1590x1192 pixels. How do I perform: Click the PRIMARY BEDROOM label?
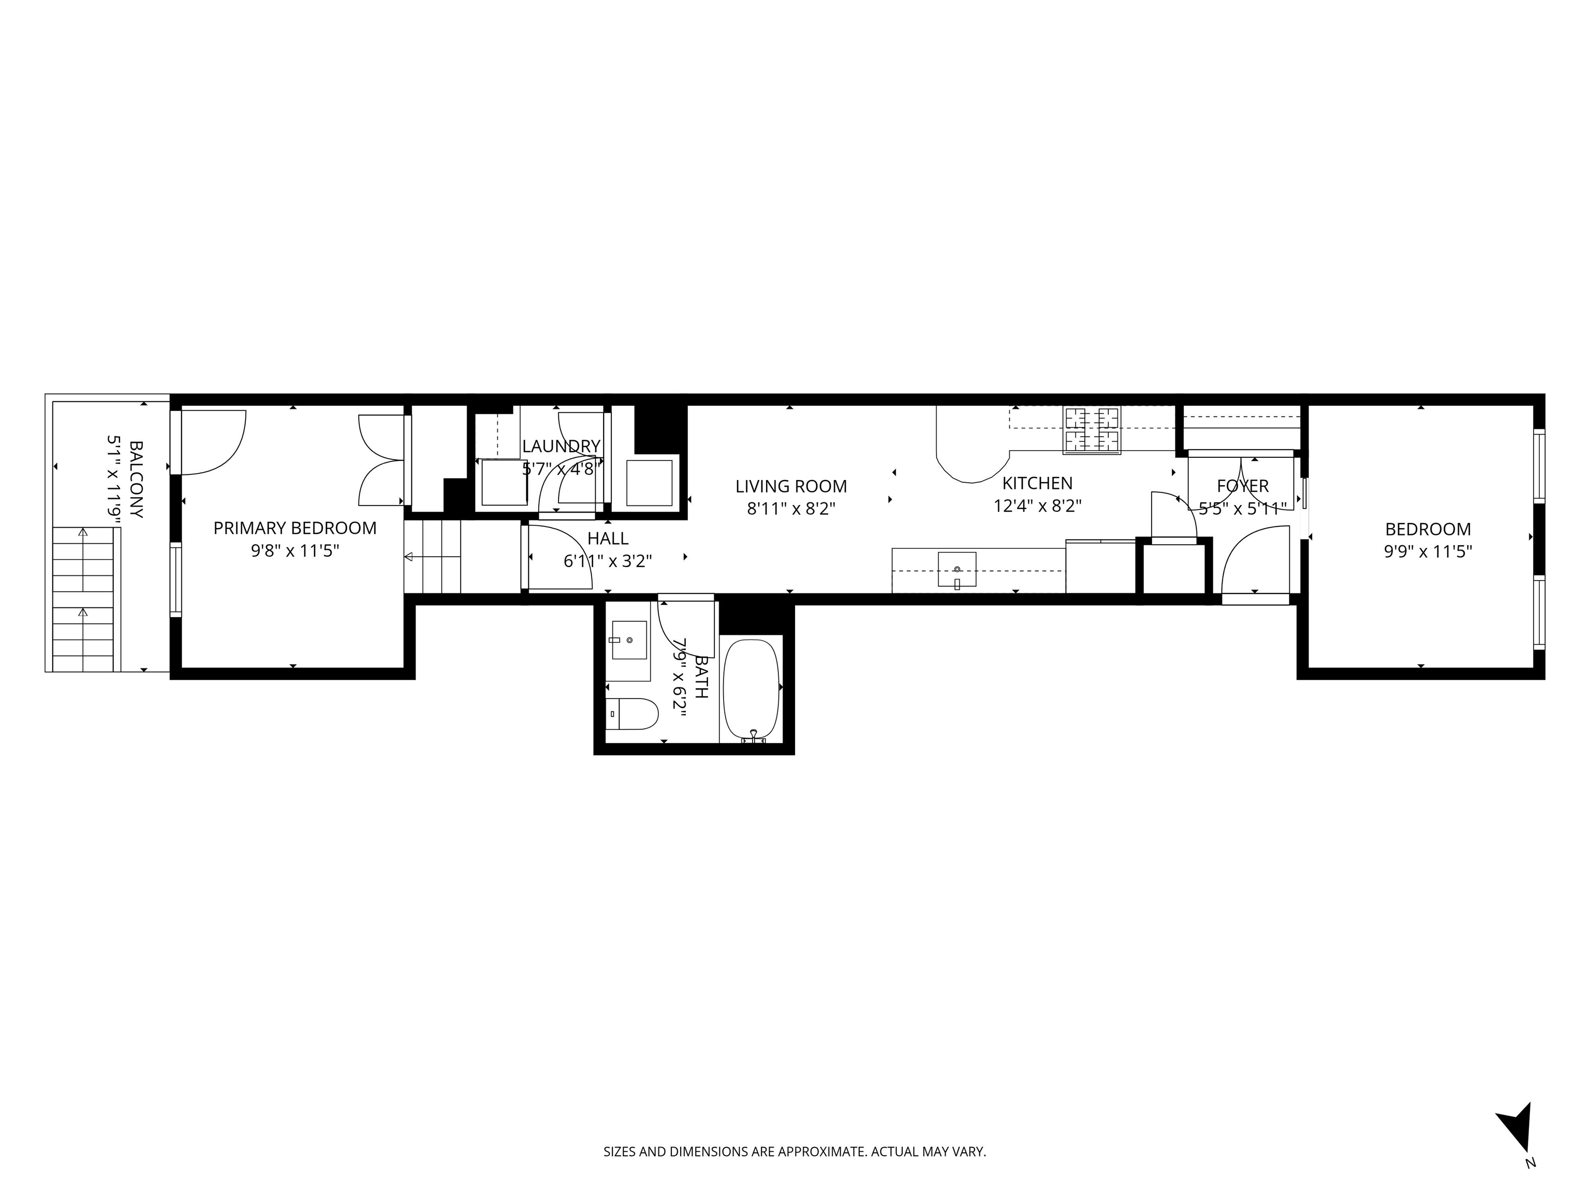coord(295,528)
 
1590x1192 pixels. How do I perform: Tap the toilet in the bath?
coord(632,714)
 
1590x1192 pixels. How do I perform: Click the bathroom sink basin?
coord(628,640)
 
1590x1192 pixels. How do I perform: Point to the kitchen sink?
coord(956,569)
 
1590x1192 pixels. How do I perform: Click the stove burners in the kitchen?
coord(1092,429)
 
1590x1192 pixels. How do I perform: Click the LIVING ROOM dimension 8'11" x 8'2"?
coord(791,509)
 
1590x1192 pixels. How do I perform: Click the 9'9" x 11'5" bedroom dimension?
coord(1427,551)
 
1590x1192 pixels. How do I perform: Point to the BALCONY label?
coord(136,479)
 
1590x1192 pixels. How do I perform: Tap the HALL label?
coord(608,538)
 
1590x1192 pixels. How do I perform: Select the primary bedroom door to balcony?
coord(212,441)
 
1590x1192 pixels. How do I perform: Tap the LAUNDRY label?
coord(561,446)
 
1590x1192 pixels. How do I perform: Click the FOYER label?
coord(1242,486)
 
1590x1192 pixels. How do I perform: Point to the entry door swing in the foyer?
coord(1254,560)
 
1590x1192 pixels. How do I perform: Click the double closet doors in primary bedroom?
coord(381,460)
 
